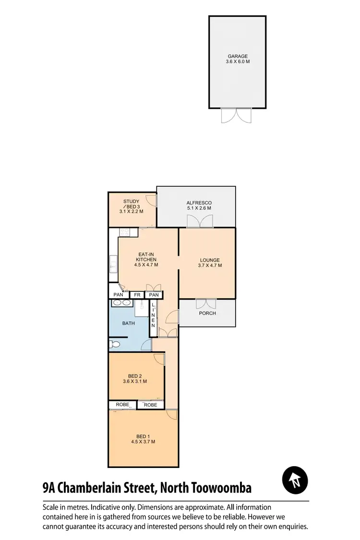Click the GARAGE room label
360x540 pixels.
coord(238,56)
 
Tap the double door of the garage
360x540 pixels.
coord(236,116)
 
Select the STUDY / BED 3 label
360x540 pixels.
coord(132,202)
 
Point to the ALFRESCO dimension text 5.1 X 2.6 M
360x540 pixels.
coord(199,208)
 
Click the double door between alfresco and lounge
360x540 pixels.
coord(200,221)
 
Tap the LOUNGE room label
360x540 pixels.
coord(209,260)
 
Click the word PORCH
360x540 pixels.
coord(207,313)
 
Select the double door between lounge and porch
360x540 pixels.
coord(206,303)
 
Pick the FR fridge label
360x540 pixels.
coord(137,295)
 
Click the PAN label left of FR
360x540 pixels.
coord(119,295)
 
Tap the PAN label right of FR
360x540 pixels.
coord(154,295)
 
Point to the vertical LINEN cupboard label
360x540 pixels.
coord(153,315)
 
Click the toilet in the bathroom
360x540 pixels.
coord(114,344)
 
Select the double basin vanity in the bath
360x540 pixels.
coord(122,303)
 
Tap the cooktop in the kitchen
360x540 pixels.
coord(125,232)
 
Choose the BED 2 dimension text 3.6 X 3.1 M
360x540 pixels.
coord(135,382)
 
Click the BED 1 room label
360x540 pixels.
coord(143,436)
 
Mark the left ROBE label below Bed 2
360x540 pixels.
coord(122,405)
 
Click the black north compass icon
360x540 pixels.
coord(295,480)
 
